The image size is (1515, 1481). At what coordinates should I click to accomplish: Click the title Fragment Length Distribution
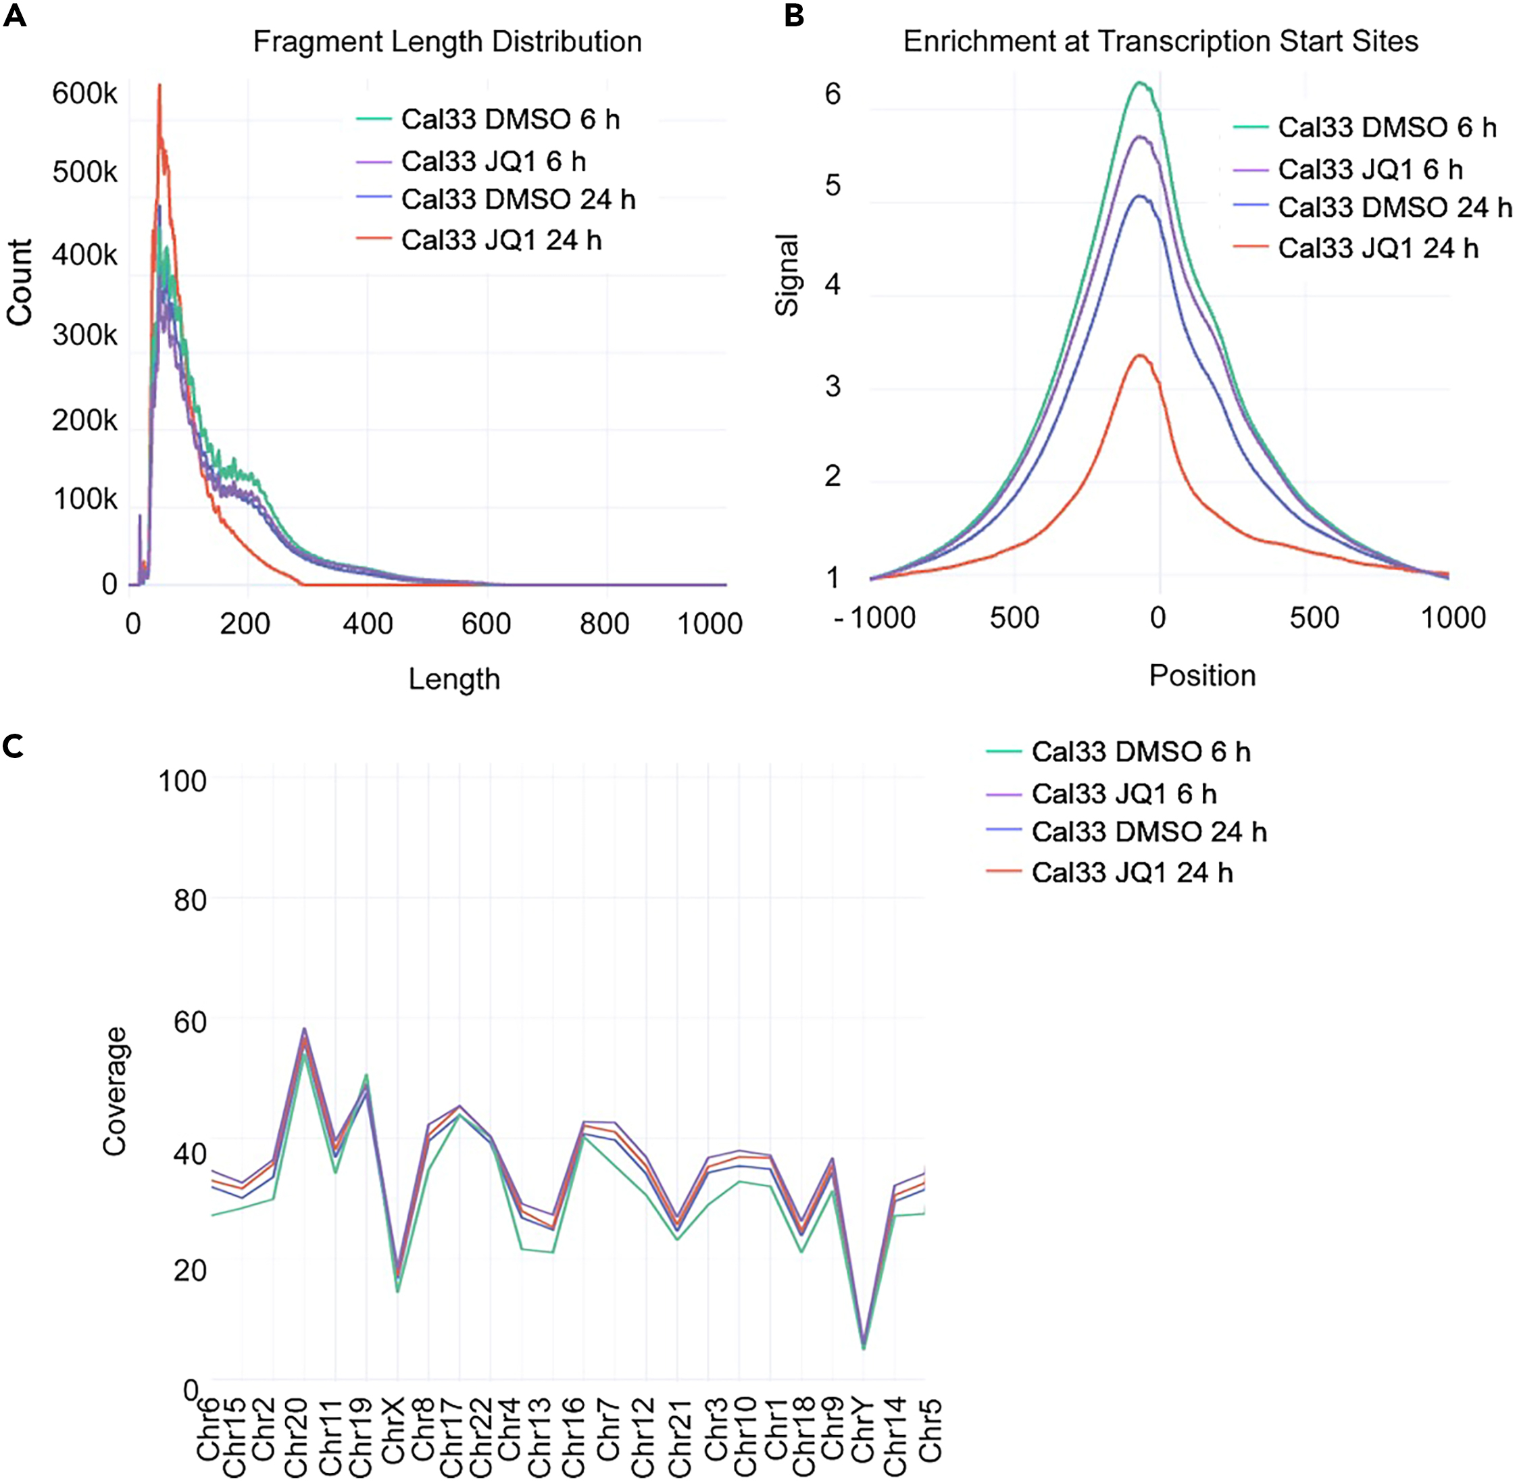click(x=447, y=41)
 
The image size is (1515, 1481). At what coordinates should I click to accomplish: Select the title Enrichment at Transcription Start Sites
click(x=1160, y=41)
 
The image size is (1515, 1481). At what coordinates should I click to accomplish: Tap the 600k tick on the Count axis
click(x=84, y=94)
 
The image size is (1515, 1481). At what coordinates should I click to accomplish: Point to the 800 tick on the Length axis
click(x=604, y=623)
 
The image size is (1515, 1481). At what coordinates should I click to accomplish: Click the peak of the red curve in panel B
click(x=1140, y=355)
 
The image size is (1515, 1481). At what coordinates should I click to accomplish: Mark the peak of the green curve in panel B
click(x=1141, y=82)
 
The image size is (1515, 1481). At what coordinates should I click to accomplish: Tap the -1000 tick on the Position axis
click(x=874, y=618)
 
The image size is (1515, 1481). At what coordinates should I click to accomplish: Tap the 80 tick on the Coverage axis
click(x=189, y=901)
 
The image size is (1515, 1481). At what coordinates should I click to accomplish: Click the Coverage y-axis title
click(x=115, y=1091)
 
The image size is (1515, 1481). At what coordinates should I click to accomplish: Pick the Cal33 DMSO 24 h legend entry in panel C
click(x=1149, y=832)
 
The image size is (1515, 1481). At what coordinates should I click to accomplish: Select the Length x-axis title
click(x=454, y=679)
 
